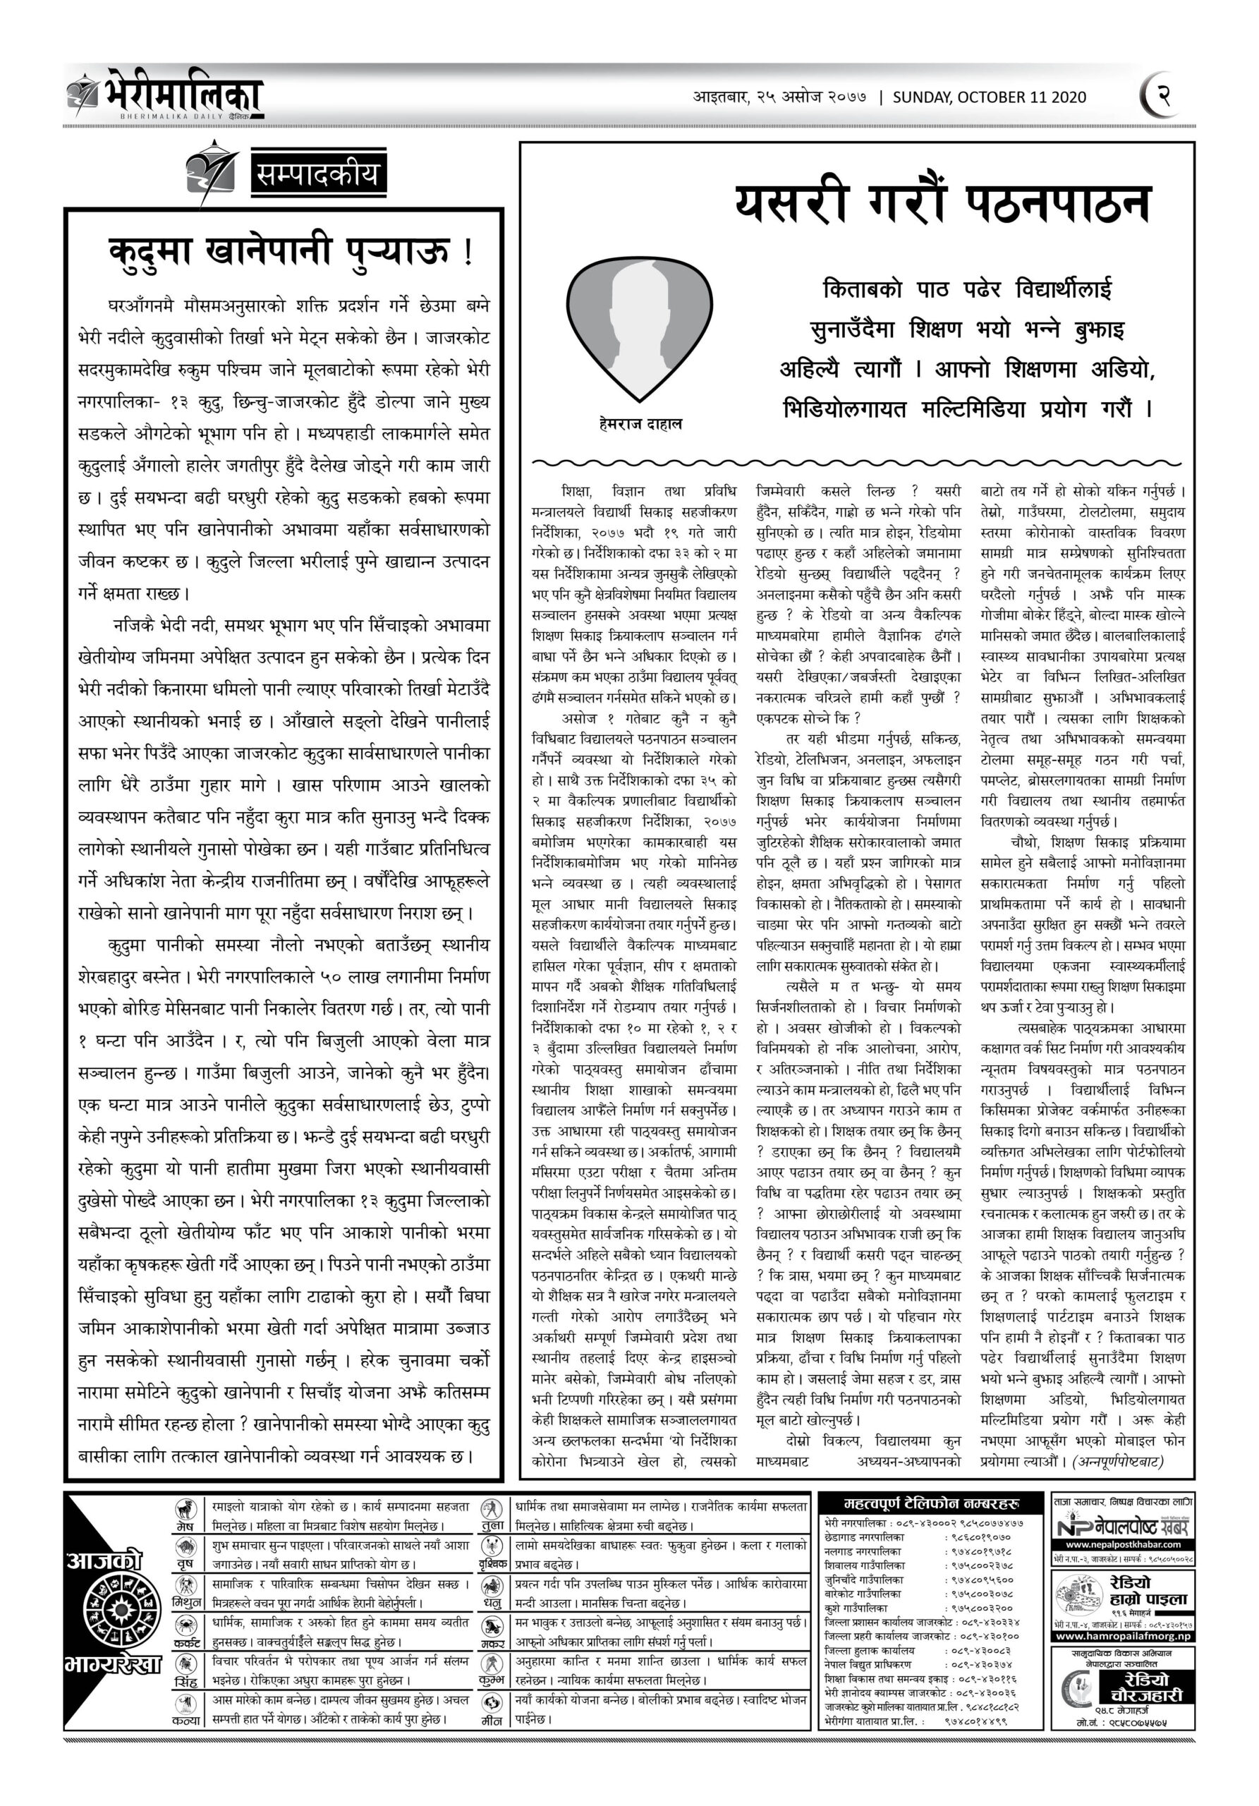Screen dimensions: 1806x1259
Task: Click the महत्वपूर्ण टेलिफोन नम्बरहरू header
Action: click(x=931, y=1503)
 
